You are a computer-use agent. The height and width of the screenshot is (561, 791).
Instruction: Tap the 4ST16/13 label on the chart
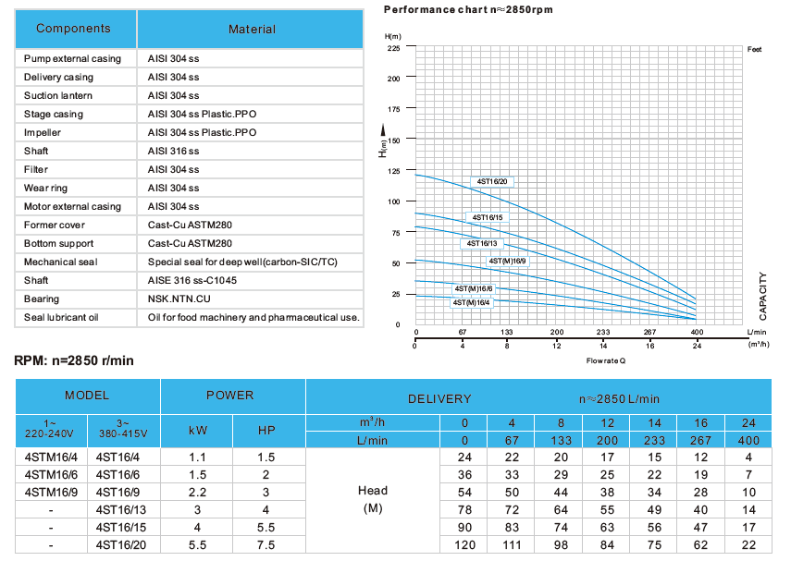[482, 243]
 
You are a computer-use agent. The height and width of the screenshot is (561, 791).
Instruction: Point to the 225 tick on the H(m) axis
[394, 48]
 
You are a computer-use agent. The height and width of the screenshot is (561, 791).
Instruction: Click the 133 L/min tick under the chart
[507, 332]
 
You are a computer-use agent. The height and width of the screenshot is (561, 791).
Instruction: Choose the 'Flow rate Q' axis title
[605, 360]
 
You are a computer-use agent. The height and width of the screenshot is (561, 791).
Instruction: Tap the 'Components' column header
[73, 29]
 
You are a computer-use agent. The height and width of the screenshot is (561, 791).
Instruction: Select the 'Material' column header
[252, 30]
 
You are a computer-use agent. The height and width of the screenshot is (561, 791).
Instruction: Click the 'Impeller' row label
[44, 132]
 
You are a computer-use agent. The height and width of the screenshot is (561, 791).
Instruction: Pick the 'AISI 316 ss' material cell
[173, 151]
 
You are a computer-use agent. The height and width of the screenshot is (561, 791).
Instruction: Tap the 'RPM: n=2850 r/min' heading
[74, 360]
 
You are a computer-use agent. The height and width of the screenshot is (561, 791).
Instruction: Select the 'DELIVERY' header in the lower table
[439, 399]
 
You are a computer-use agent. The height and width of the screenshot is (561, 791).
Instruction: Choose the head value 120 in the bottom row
[465, 545]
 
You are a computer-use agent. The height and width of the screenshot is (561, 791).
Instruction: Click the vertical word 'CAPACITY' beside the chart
[763, 296]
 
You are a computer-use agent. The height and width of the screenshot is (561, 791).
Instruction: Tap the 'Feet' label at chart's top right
[754, 48]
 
